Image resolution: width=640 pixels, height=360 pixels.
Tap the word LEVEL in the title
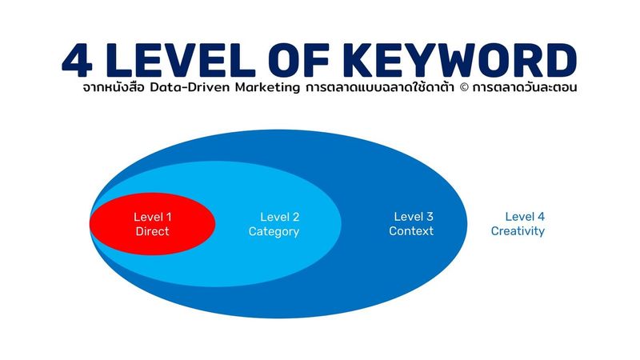click(x=185, y=60)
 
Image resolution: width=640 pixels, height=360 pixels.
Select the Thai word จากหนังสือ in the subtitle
click(x=113, y=88)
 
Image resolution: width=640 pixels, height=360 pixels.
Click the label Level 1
click(x=153, y=217)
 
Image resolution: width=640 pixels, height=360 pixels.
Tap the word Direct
click(x=153, y=232)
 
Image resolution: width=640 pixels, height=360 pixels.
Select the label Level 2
click(x=280, y=217)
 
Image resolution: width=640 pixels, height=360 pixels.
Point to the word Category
click(x=274, y=232)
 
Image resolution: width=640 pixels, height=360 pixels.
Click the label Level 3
click(x=414, y=217)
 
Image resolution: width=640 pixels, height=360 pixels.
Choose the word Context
click(x=411, y=231)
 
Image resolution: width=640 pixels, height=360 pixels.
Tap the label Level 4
click(x=525, y=217)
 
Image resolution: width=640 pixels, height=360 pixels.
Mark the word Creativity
click(x=518, y=231)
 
